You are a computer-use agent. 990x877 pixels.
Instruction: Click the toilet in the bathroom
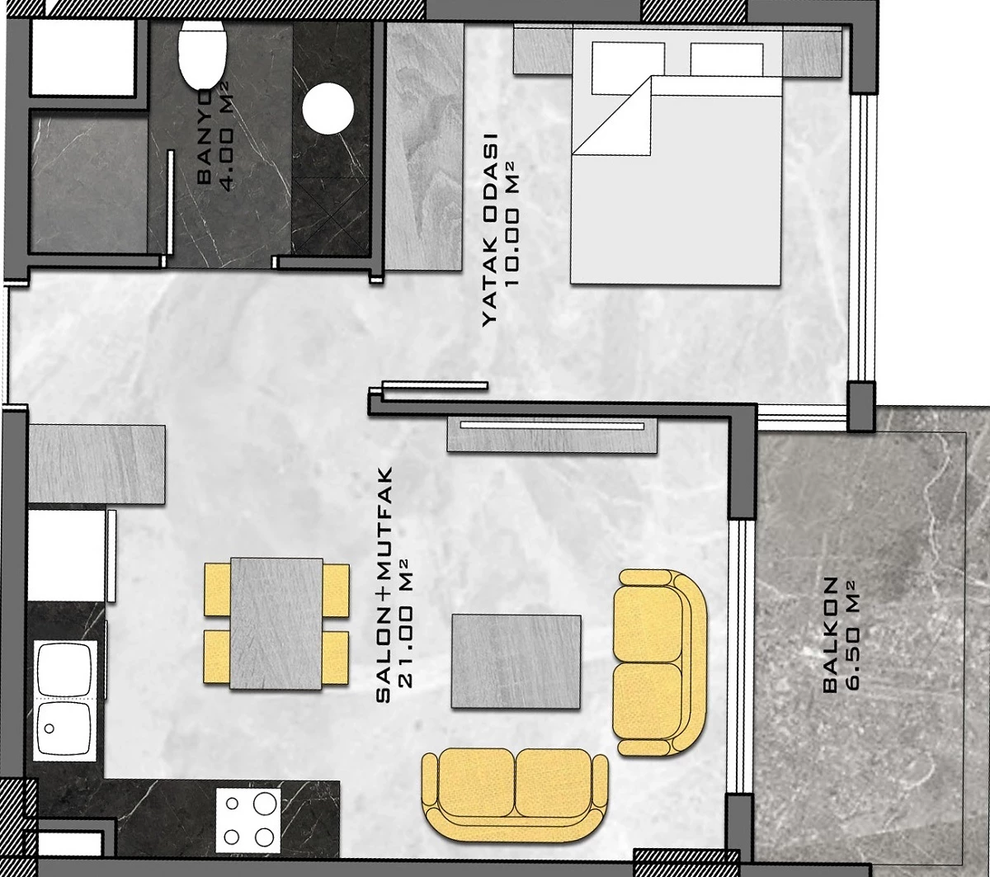202,54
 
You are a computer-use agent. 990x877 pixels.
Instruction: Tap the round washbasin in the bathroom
328,108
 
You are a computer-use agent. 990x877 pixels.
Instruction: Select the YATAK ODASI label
489,229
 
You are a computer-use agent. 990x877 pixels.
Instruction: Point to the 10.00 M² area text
511,232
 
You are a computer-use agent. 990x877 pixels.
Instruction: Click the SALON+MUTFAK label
384,585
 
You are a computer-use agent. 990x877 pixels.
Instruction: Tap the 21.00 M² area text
407,623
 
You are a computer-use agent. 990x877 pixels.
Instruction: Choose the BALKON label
830,635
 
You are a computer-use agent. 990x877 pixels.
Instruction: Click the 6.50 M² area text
852,635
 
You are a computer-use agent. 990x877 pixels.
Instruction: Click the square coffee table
516,662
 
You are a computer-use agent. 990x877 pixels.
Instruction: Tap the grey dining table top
276,624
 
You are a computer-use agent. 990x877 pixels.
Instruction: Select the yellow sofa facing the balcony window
659,663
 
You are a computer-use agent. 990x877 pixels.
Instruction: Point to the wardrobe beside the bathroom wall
424,147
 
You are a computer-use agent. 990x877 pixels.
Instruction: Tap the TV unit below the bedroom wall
552,434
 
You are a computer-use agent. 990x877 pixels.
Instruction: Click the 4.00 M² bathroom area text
227,136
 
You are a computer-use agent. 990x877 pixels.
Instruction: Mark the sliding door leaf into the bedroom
435,385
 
